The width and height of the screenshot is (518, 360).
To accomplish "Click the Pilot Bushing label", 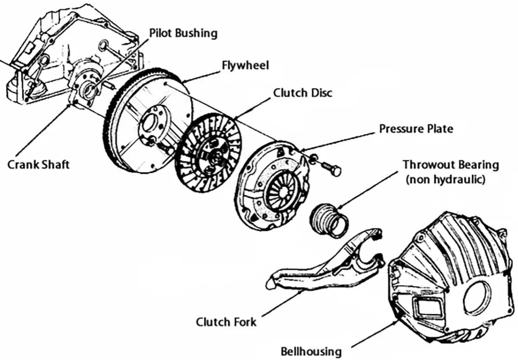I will click(x=183, y=33).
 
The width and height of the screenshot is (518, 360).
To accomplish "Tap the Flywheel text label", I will click(x=245, y=65).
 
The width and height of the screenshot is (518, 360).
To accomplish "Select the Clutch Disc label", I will click(x=303, y=93).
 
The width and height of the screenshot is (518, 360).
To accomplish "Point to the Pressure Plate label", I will click(x=416, y=128).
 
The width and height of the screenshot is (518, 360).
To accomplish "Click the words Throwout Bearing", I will click(x=451, y=165).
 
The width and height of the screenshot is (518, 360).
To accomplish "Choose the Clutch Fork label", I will click(x=226, y=322).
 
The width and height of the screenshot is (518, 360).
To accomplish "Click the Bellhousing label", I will click(x=311, y=351).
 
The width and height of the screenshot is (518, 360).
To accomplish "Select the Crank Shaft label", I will click(x=38, y=164).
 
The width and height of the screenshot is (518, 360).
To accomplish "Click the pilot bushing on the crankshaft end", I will click(x=92, y=89).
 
